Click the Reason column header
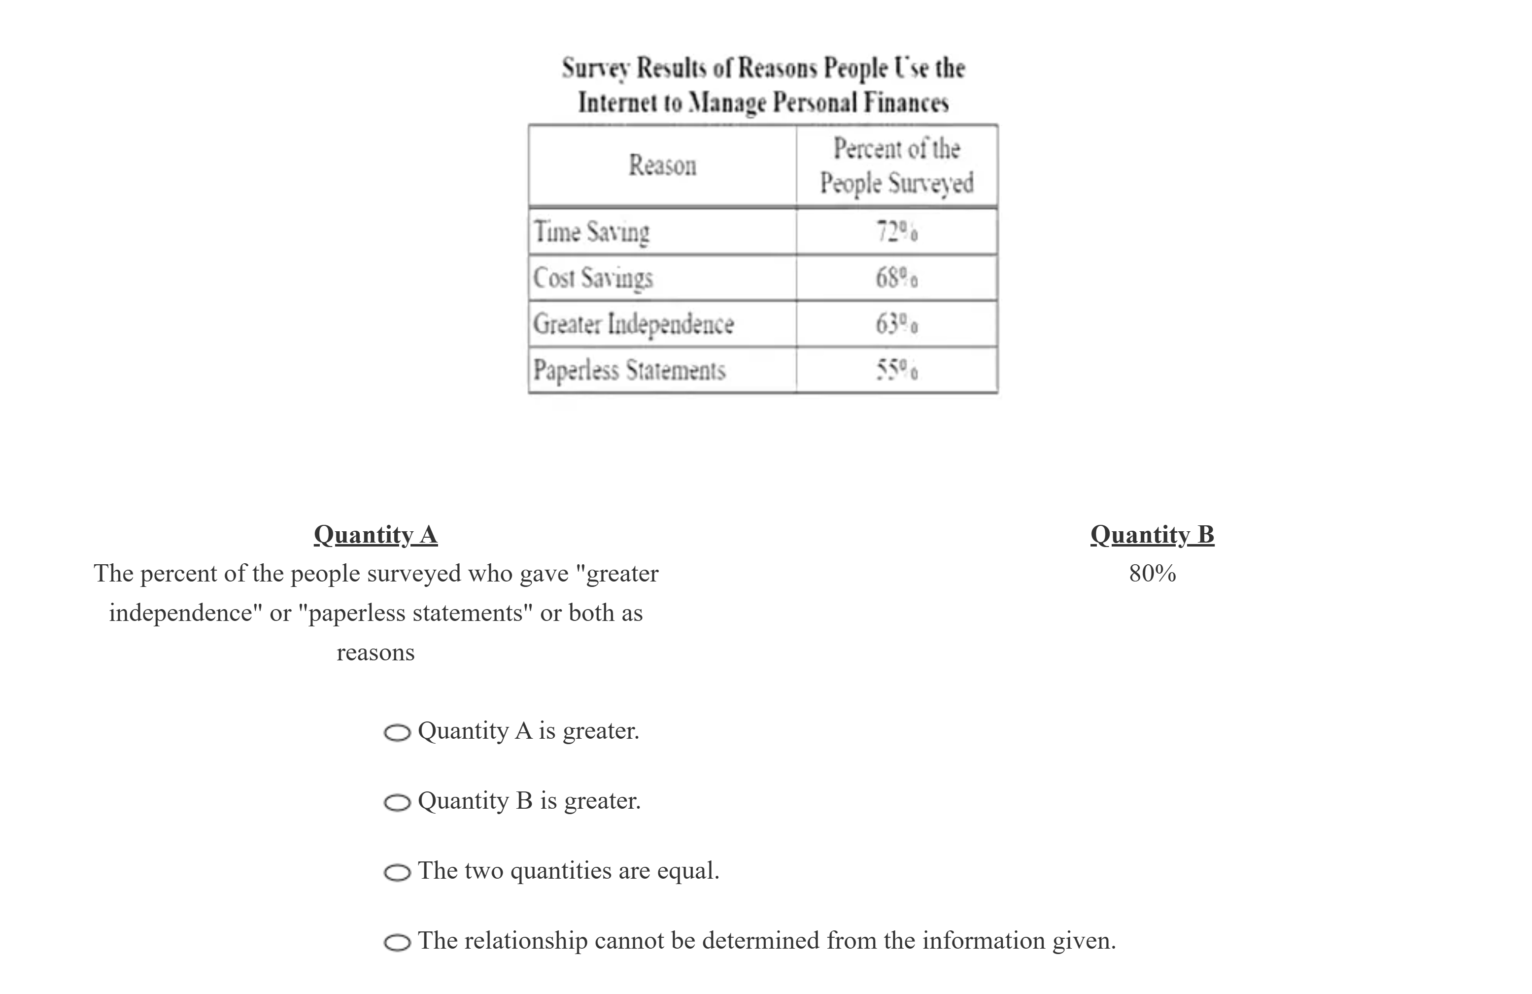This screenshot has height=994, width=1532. click(662, 166)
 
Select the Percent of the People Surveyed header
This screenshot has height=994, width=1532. click(897, 166)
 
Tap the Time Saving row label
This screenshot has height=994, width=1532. click(591, 232)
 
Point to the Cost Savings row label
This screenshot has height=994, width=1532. click(593, 278)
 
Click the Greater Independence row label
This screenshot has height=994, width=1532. click(633, 324)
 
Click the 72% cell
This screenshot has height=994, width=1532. click(897, 232)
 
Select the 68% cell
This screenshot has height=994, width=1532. click(897, 278)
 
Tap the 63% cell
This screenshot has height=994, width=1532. click(897, 324)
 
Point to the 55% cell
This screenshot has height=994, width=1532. click(897, 370)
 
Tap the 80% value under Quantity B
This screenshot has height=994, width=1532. click(1152, 573)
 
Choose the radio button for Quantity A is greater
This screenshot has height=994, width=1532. click(397, 733)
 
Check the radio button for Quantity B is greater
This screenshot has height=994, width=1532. click(397, 803)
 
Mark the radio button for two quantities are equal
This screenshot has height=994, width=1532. click(397, 872)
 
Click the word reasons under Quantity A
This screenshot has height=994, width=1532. click(375, 652)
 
